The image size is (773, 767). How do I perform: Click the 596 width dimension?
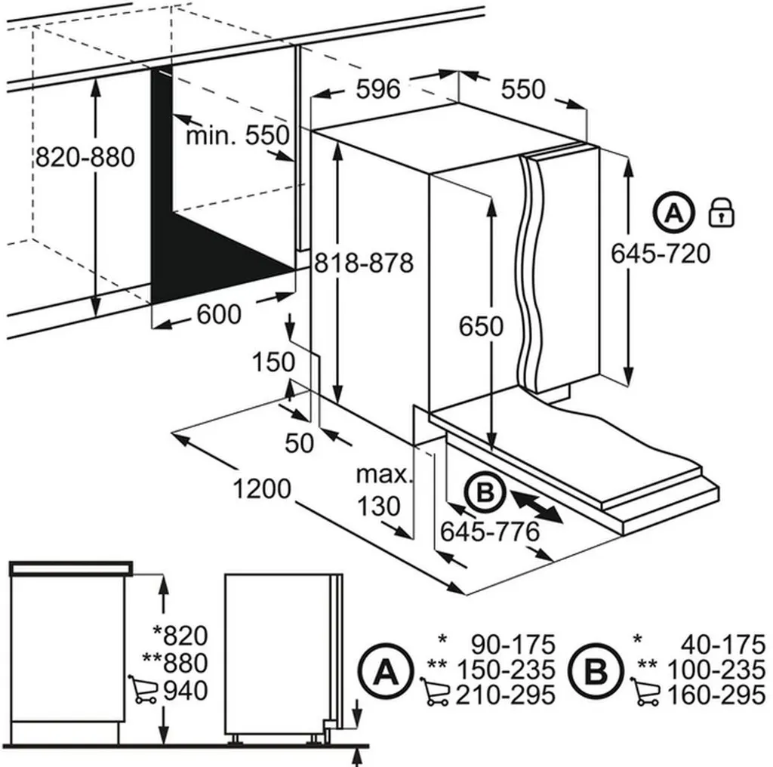point(377,89)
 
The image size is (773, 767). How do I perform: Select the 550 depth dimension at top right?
point(523,89)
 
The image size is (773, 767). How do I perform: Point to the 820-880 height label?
point(85,157)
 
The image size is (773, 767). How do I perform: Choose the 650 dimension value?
point(481,326)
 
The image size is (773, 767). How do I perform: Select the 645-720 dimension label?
point(661,254)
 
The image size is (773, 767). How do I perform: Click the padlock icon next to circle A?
point(722,213)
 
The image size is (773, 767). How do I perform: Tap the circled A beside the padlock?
point(673,213)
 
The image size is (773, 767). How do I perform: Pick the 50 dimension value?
point(299,443)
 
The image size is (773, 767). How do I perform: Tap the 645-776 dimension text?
point(490,532)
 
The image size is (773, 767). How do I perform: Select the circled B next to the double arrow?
point(484,494)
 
